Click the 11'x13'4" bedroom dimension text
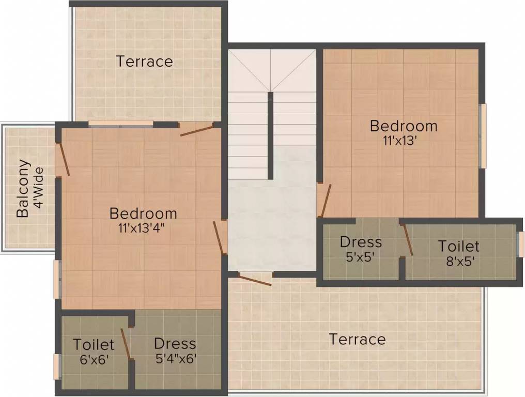click(x=142, y=228)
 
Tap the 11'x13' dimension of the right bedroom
click(x=400, y=141)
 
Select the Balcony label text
click(x=23, y=188)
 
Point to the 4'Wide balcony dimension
click(x=39, y=188)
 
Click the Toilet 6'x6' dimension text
click(x=95, y=359)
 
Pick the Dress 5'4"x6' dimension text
click(x=176, y=359)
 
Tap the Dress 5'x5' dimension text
click(x=360, y=257)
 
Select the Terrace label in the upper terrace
click(x=144, y=62)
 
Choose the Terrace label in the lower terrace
click(x=357, y=339)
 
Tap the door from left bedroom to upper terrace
click(x=196, y=129)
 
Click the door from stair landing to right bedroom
click(x=325, y=201)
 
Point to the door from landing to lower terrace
click(x=254, y=279)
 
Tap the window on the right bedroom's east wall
click(x=483, y=135)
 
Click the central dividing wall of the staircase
click(x=270, y=135)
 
